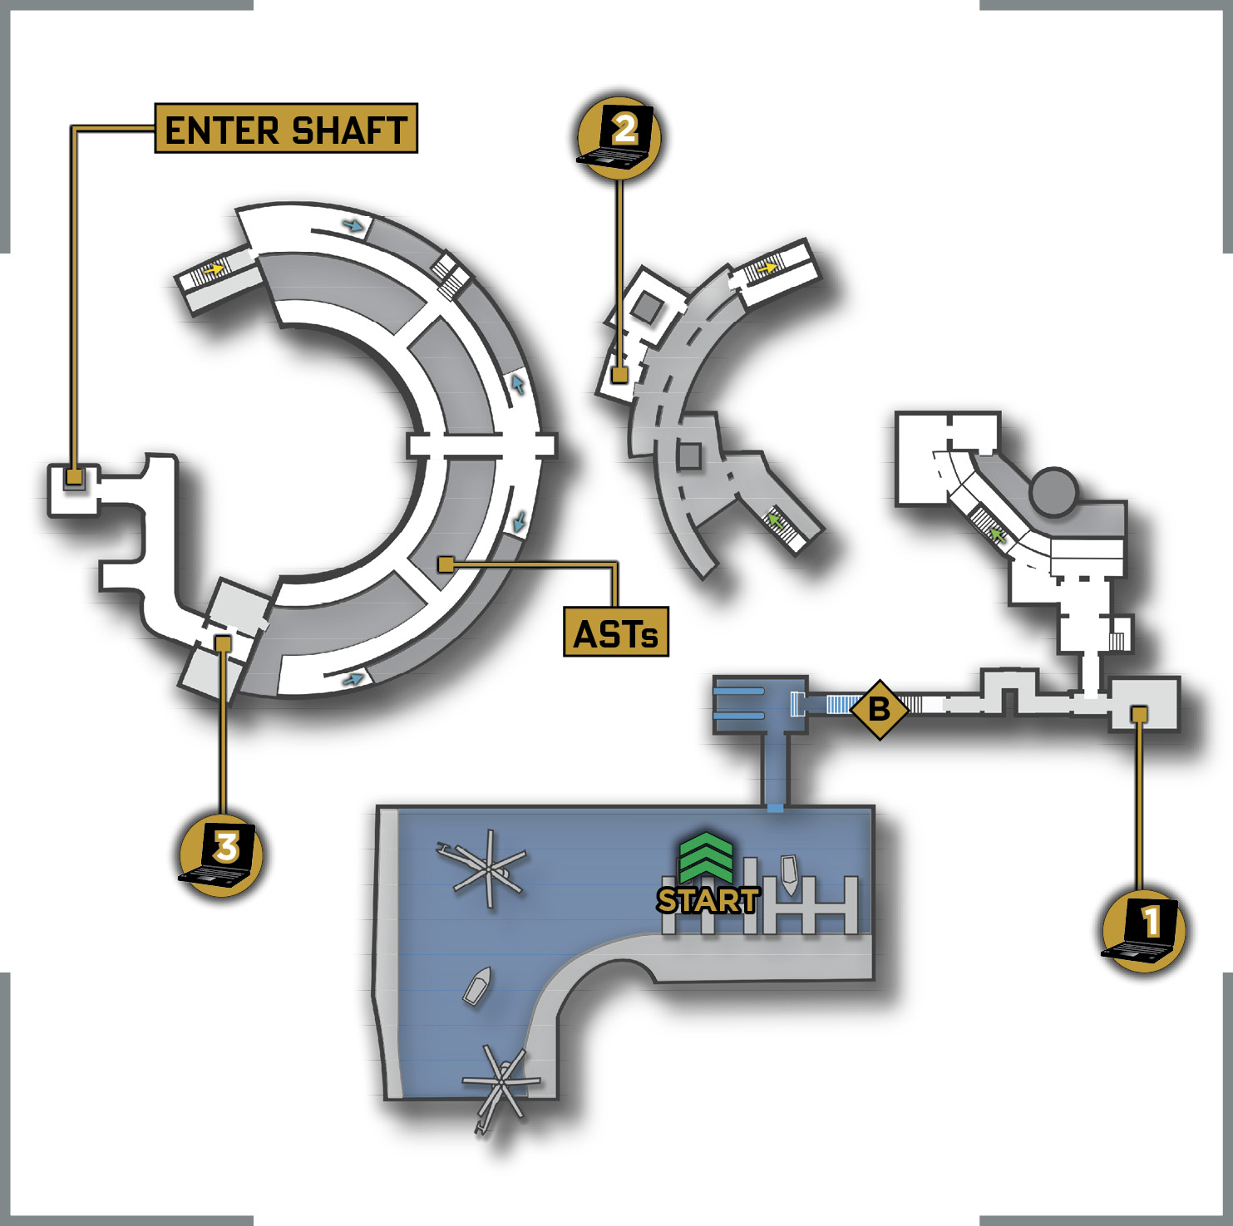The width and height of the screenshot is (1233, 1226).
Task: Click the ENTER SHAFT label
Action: tap(286, 129)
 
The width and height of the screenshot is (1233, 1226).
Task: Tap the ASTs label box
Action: tap(616, 633)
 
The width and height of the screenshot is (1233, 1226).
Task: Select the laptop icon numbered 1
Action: tap(1143, 928)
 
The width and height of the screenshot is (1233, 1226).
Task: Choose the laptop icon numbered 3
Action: tap(220, 855)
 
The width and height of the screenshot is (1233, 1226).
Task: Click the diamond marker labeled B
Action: tap(879, 710)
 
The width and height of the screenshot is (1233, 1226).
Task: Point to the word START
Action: tap(708, 900)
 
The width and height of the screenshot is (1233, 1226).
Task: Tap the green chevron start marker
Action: tap(706, 857)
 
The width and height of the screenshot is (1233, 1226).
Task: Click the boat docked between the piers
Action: tap(789, 874)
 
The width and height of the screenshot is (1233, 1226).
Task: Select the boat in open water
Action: tap(477, 986)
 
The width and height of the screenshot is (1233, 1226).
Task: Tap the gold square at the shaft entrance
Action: tap(74, 477)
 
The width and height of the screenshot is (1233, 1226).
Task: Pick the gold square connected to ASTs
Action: tap(446, 565)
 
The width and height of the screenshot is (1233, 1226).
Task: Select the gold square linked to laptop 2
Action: tap(619, 375)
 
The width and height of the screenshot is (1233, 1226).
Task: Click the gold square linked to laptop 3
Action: tap(223, 643)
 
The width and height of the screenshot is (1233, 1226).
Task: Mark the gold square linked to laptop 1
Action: tap(1140, 714)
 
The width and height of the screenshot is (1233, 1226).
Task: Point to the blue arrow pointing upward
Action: tap(518, 383)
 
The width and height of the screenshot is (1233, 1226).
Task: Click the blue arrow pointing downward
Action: tap(520, 521)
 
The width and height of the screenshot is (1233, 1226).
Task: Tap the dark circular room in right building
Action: tap(1053, 491)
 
